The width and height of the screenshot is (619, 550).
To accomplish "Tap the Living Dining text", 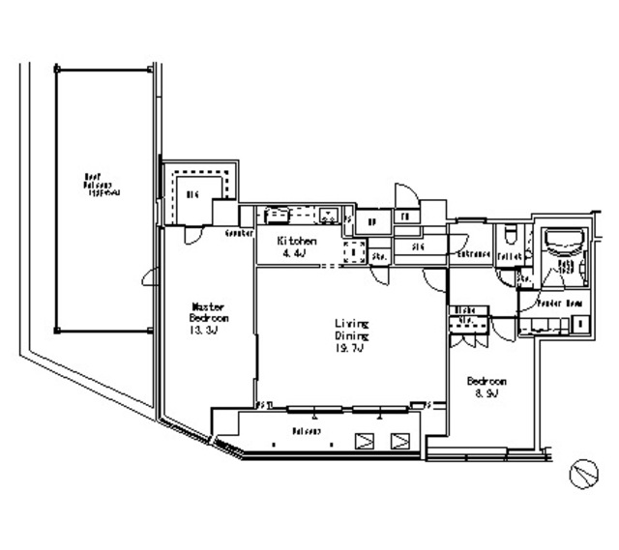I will pos(352,330).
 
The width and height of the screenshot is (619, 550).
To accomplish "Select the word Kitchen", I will pos(296,240).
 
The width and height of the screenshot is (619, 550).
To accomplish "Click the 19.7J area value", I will pos(350,350).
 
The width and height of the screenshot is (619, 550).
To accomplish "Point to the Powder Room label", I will pos(560,304).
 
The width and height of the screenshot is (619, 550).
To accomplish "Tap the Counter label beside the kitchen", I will pos(239,234).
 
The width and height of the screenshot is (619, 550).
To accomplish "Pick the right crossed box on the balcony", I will pos(399,441).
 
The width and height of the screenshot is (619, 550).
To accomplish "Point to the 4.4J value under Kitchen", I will pos(293,254).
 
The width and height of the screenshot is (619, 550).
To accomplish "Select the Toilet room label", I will pos(509,255).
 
